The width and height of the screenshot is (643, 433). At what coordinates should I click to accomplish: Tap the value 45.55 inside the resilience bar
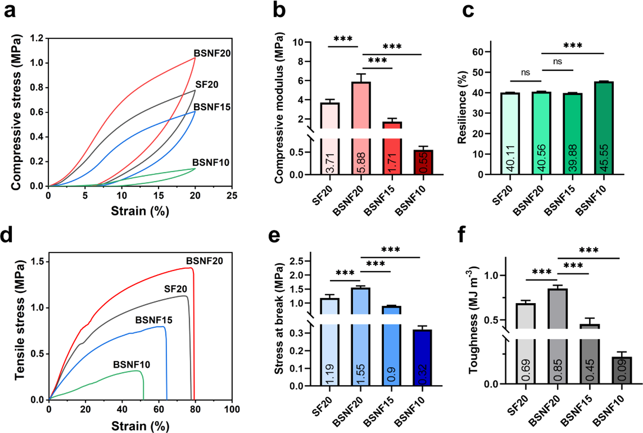tap(604, 158)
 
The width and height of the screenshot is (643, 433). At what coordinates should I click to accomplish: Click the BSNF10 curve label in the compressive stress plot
tap(210, 163)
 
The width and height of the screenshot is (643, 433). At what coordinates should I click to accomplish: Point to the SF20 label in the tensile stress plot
tap(175, 289)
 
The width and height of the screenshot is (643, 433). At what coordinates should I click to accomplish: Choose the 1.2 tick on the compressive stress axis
tap(36, 38)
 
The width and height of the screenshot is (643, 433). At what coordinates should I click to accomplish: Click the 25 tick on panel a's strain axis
tap(232, 196)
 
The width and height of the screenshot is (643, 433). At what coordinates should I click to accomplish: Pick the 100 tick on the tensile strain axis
tap(232, 409)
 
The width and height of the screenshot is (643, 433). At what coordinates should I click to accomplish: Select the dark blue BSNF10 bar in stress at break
tap(422, 358)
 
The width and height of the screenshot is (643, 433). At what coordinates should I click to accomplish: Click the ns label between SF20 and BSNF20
tap(525, 73)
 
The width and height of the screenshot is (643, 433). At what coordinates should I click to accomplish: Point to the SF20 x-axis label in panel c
tap(503, 196)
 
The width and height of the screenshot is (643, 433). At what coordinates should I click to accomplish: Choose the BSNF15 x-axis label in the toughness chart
tap(577, 411)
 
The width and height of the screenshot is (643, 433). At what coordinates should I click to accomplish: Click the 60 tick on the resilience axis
tap(478, 52)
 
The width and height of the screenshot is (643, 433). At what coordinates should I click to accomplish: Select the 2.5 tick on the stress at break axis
tap(296, 261)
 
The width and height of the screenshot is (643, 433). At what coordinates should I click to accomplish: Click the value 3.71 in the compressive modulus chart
tap(330, 163)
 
